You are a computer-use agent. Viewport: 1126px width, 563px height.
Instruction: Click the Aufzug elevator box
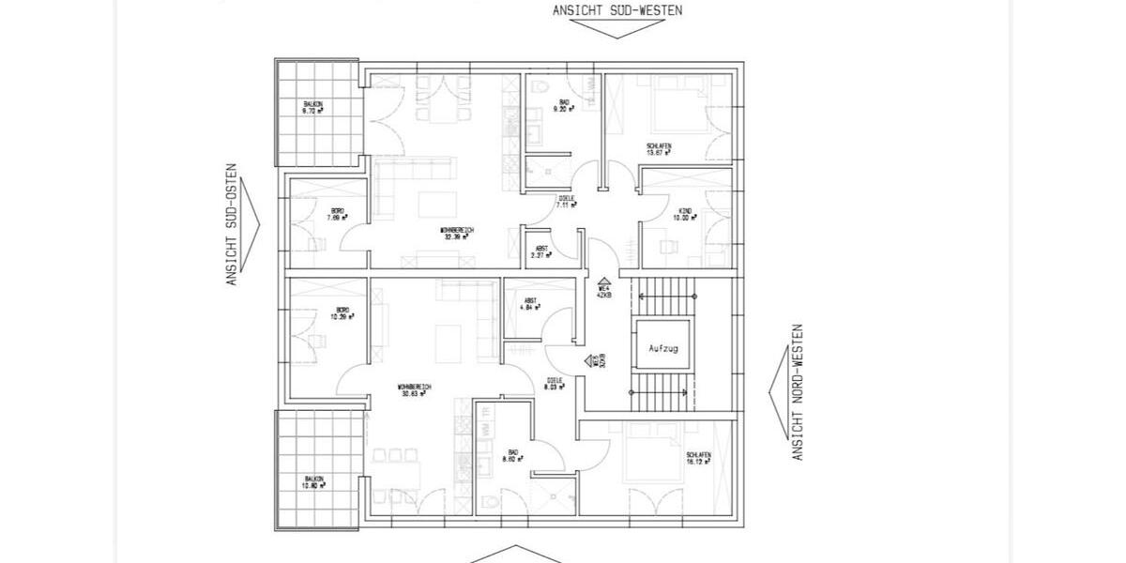click(x=662, y=346)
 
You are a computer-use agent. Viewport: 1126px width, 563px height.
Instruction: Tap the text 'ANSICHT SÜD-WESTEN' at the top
click(x=616, y=10)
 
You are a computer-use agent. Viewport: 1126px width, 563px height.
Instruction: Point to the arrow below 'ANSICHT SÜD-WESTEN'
click(x=616, y=29)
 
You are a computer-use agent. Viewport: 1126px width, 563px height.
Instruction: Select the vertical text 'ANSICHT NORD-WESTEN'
click(x=799, y=392)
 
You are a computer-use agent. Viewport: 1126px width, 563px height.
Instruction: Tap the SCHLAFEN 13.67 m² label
click(x=658, y=149)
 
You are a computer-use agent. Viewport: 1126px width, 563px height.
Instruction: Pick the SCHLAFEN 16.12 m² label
click(x=697, y=459)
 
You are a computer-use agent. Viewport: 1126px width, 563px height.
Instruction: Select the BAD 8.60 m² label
click(x=511, y=456)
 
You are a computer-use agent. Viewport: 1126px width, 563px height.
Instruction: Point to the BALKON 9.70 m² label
click(x=312, y=107)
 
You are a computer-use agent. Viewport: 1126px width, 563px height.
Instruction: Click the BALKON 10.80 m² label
click(x=312, y=482)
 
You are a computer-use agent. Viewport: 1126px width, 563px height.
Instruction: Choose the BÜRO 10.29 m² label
click(x=339, y=314)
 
